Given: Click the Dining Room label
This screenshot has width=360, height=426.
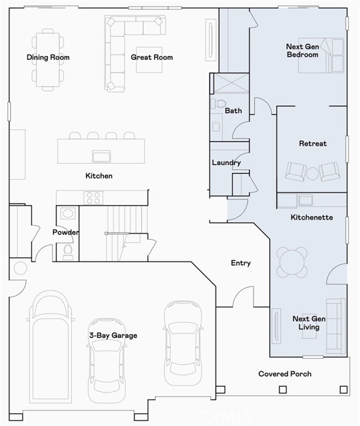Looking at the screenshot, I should click(x=48, y=57).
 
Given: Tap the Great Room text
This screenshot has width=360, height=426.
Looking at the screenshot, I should click(x=152, y=57).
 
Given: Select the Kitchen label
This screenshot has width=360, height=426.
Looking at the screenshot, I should click(x=98, y=176).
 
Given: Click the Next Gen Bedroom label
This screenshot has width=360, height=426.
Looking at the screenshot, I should click(x=302, y=51).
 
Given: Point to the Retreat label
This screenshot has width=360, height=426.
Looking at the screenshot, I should click(x=312, y=144).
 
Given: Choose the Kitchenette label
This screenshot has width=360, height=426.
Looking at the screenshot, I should click(x=312, y=218).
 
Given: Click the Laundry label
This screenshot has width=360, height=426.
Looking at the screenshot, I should click(x=226, y=162).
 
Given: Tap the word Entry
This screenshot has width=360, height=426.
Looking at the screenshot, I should click(x=240, y=263).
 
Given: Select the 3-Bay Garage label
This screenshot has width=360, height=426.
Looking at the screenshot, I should click(x=113, y=335).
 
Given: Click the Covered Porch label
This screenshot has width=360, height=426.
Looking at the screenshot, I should click(x=285, y=374).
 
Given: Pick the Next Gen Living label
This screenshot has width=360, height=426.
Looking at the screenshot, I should click(x=306, y=323).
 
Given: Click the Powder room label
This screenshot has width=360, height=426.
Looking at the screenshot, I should click(x=66, y=232).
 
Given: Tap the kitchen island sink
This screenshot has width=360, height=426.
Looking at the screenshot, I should click(x=101, y=156).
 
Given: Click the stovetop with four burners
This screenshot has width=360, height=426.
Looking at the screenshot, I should click(x=93, y=197).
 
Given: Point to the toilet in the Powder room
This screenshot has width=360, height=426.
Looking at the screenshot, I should click(x=68, y=251).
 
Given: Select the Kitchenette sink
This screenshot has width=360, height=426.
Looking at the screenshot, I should click(x=306, y=200).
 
